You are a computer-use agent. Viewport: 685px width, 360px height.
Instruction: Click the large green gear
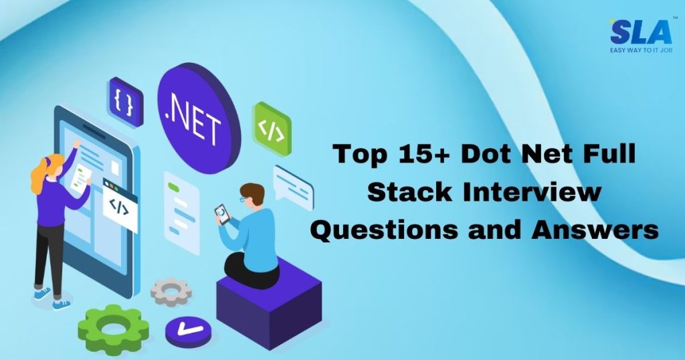112,329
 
